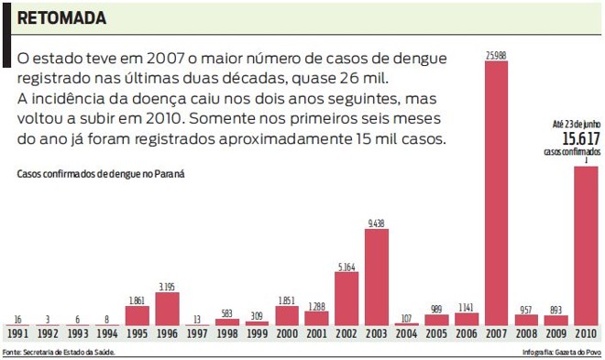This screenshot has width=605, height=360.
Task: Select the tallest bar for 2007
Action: pos(496,192)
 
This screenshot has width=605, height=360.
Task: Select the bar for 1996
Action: pos(167,309)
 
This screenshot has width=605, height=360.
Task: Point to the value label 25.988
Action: pos(496,56)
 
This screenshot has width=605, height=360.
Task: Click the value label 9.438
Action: pos(377,223)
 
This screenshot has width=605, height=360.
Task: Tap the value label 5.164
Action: pos(346,267)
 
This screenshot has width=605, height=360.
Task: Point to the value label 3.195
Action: pos(167,287)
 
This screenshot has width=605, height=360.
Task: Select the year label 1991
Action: pos(17,334)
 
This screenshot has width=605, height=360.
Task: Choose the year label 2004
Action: pos(406,334)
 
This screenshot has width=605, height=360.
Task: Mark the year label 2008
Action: pos(526,334)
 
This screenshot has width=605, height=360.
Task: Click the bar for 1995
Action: pos(137,315)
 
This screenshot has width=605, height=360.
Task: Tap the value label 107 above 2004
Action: pos(406,317)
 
